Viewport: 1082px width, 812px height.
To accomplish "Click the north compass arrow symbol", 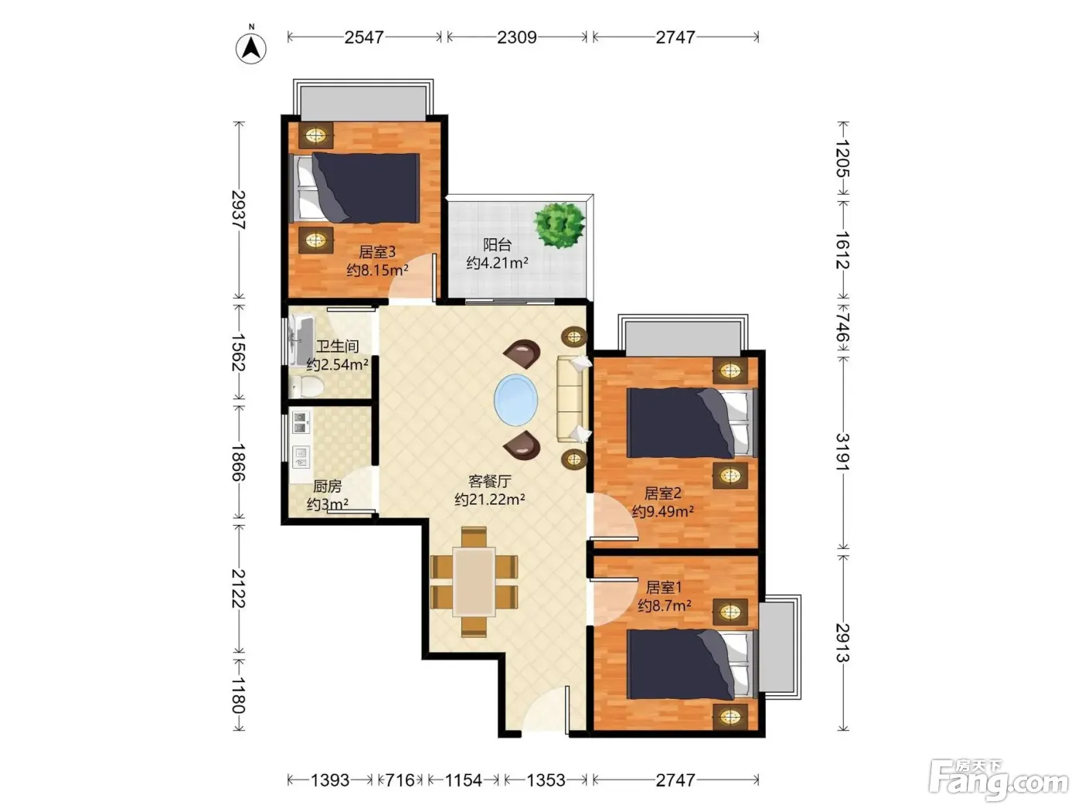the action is pos(251,48).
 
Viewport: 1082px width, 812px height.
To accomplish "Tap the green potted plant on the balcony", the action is pos(560,225).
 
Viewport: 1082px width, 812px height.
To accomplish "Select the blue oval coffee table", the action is pos(515,400).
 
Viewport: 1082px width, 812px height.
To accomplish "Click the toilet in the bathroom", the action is pos(306,386).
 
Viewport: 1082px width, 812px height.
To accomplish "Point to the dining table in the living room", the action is pos(475,582).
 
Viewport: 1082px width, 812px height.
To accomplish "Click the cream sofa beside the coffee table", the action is pos(572,397).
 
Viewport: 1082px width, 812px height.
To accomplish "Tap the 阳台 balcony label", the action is pos(497,244).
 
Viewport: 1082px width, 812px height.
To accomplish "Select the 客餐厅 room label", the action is pos(489,481).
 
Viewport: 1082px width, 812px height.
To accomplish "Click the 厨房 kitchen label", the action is pos(328,486).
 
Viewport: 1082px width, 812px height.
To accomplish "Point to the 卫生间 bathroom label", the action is pos(337,346).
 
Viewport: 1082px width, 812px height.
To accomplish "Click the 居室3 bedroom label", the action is pos(377,252).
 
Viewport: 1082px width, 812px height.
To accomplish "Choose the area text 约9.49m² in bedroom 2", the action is pos(662,511).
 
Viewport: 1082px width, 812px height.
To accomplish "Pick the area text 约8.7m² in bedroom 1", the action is pos(664,605).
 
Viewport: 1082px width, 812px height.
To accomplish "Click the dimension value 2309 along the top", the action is pos(516,37).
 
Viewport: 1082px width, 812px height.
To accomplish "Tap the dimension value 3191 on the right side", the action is pos(843,452).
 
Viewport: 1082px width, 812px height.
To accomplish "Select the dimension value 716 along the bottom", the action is pos(400,780).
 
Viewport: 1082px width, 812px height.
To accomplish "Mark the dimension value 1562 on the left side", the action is pos(239,353).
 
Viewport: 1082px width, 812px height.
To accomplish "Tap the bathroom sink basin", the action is pos(301,339).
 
